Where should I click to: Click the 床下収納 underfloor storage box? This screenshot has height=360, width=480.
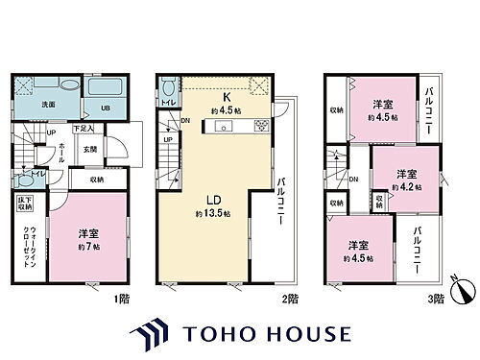pyautogui.click(x=25, y=206)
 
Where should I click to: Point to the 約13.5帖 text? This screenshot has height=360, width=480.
pyautogui.click(x=213, y=212)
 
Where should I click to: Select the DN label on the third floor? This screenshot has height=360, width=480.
pyautogui.click(x=354, y=180)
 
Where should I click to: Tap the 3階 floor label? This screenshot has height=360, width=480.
pyautogui.click(x=436, y=299)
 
